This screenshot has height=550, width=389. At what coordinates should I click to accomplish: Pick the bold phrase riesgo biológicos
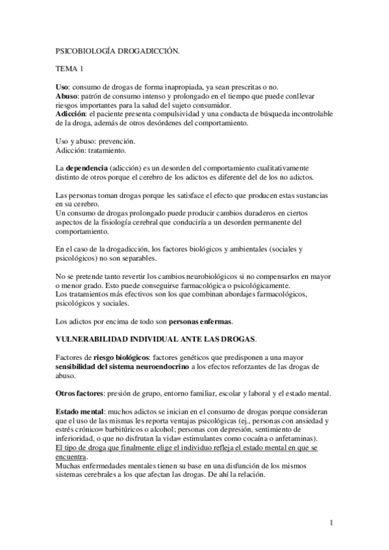coord(121,357)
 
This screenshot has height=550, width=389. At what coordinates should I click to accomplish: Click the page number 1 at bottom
coord(331,523)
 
